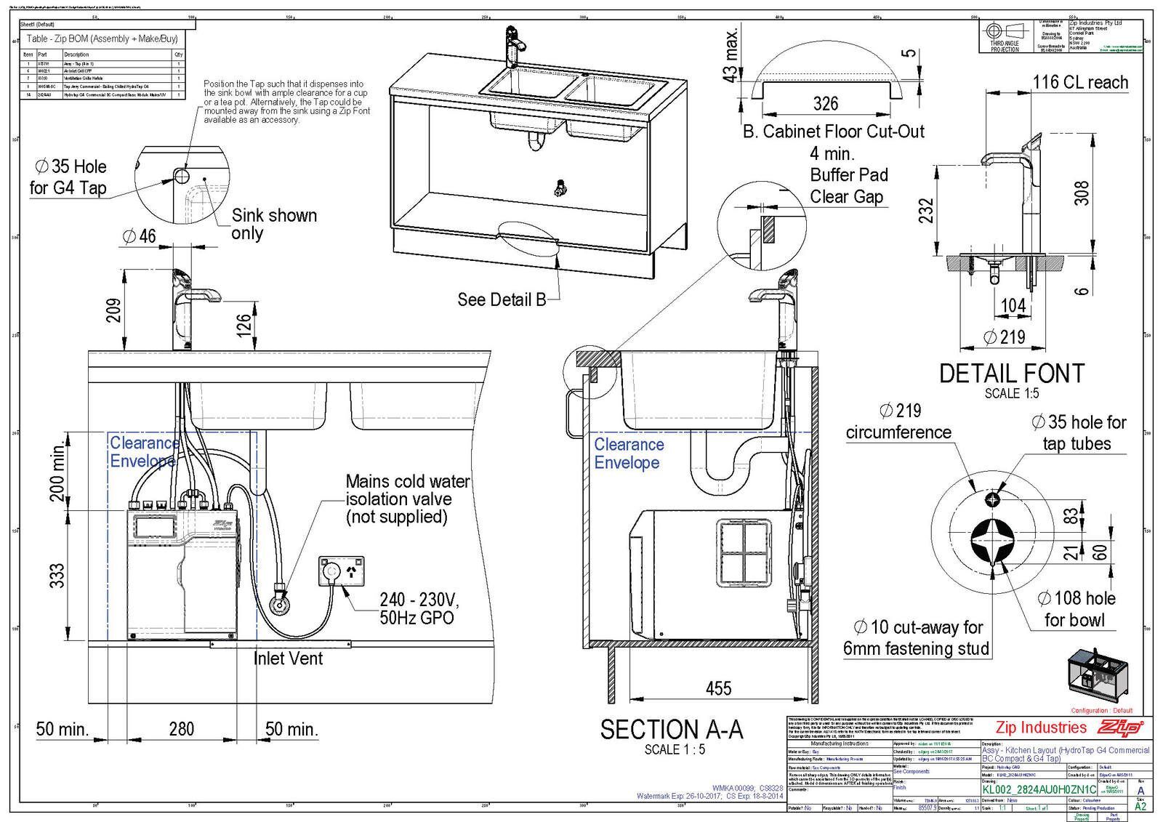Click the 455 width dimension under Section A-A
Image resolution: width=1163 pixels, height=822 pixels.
[x=718, y=688]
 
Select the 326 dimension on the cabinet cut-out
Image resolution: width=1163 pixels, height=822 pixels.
[x=825, y=103]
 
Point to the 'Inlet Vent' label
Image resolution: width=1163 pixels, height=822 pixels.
[x=288, y=658]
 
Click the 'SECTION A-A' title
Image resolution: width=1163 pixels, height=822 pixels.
[x=671, y=729]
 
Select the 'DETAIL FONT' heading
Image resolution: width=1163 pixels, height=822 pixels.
[x=1011, y=374]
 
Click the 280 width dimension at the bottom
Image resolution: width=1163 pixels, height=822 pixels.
[x=181, y=728]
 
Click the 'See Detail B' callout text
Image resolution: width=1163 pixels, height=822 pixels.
[x=502, y=299]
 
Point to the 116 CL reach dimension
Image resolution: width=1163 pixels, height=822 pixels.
[x=1080, y=82]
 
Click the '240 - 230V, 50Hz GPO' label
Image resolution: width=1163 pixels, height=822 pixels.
[x=419, y=609]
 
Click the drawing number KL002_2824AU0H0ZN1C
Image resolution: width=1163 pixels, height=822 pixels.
[x=1039, y=789]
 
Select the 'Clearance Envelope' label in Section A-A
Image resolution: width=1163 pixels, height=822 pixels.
[x=629, y=454]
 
